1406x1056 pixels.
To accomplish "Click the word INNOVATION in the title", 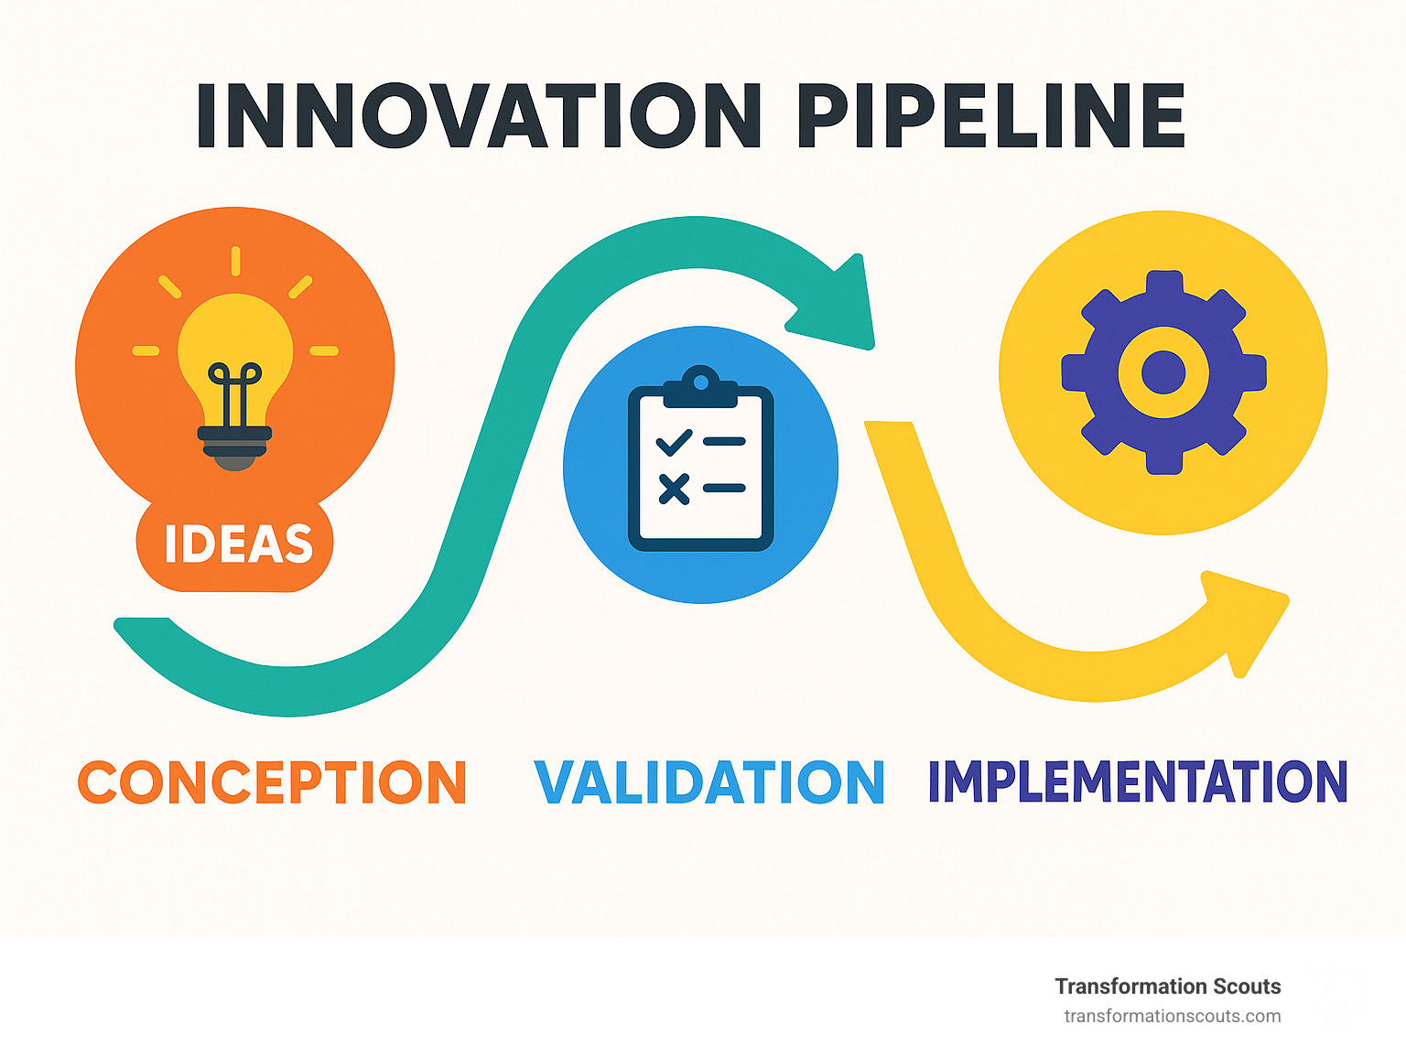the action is (x=479, y=115).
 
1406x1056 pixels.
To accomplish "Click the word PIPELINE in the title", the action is (x=991, y=115).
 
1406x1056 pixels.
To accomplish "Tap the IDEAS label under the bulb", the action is (x=238, y=544).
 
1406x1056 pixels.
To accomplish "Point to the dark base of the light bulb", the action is (x=234, y=447).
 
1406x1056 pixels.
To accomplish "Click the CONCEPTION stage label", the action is (x=272, y=781).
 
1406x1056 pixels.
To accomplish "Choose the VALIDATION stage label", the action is (x=709, y=781).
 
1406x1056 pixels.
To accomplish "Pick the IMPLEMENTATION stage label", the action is (x=1138, y=781).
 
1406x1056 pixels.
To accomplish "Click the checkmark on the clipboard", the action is (x=674, y=442).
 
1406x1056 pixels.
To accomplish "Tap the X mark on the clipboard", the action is (x=674, y=490).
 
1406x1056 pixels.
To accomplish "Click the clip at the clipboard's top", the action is (x=701, y=387).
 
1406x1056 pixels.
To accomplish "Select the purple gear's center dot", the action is (x=1163, y=372).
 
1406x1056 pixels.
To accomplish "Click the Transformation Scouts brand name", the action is (x=1168, y=986).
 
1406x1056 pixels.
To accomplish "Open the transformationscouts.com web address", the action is (x=1173, y=1017).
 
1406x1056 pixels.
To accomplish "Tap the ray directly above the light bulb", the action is (x=236, y=262).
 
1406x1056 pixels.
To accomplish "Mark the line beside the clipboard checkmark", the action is (x=724, y=441).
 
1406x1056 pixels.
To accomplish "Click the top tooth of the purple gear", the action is (x=1163, y=283).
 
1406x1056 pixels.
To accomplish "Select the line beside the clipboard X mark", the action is (x=724, y=488).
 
